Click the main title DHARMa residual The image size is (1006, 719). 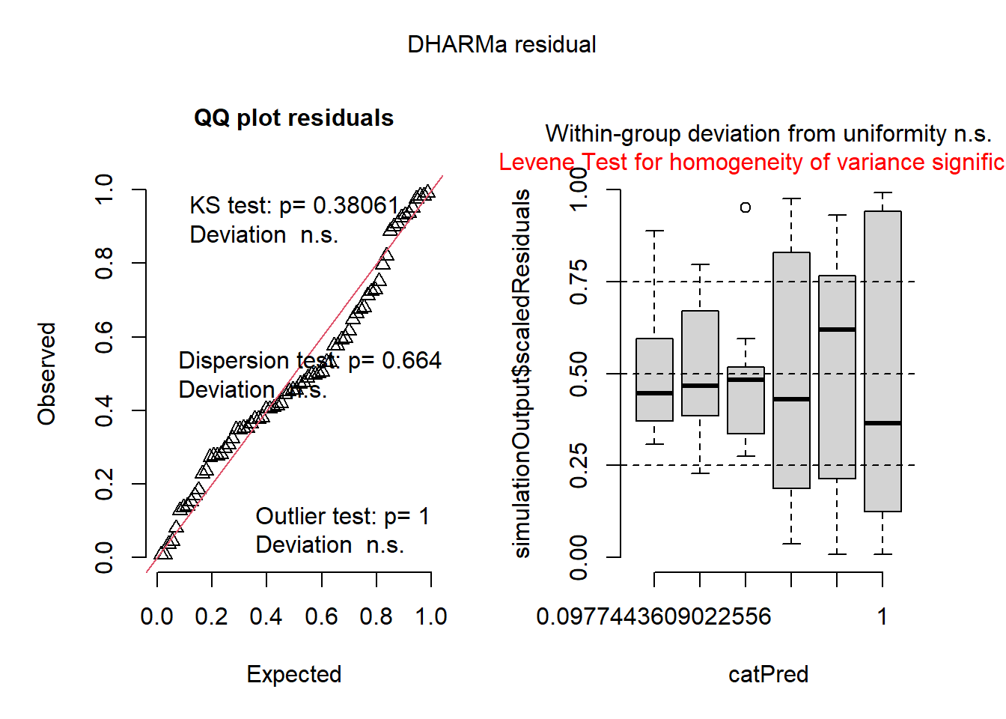pos(502,45)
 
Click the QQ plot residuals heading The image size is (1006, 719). pos(293,118)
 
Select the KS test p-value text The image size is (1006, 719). pos(294,205)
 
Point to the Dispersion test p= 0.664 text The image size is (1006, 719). pos(310,360)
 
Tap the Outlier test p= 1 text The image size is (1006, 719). pos(343,516)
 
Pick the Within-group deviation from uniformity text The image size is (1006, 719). pos(768,134)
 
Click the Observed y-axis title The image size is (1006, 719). pos(47,374)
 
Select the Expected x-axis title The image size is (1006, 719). pos(294,674)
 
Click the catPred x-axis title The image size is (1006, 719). pos(768,674)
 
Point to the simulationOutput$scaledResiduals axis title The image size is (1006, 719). pos(522,374)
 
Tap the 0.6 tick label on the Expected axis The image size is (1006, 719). pos(321,616)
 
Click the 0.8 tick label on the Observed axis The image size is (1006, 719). pos(104,264)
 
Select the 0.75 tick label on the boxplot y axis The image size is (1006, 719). pos(579,282)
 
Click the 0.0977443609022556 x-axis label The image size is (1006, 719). pos(653,616)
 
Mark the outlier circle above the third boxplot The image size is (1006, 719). pos(746,207)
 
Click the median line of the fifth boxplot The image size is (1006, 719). pos(837,330)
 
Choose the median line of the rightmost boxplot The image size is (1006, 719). pos(882,423)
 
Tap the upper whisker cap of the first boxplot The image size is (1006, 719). pos(654,231)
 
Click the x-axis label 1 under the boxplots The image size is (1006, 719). pos(882,616)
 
